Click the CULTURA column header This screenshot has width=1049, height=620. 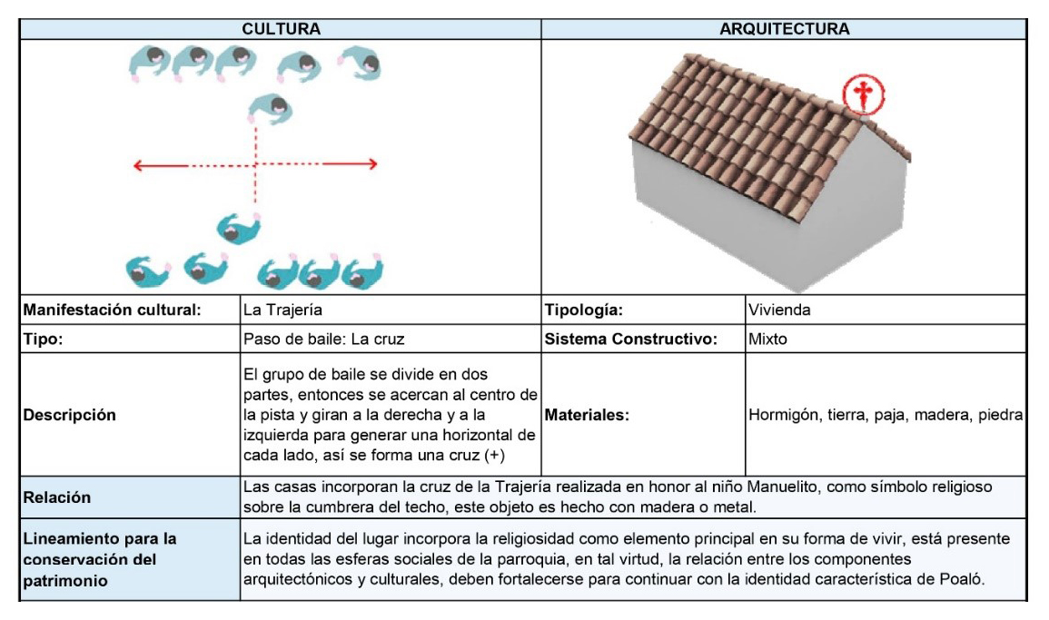click(281, 29)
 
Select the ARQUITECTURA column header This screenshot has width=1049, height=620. click(784, 29)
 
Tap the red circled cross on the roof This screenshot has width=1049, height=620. click(862, 94)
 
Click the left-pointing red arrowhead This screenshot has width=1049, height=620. click(139, 165)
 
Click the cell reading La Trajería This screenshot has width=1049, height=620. click(282, 310)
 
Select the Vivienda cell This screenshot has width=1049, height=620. click(779, 310)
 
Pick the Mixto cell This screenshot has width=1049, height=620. click(767, 340)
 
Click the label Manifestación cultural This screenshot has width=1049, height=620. click(111, 310)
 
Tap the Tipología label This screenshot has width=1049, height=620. click(584, 310)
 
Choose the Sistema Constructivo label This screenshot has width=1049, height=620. click(631, 340)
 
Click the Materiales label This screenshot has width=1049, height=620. click(587, 415)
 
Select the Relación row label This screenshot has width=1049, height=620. click(57, 497)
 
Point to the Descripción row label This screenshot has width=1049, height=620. click(70, 415)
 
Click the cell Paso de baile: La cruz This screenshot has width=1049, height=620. click(323, 340)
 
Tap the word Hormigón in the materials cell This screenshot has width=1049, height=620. click(781, 415)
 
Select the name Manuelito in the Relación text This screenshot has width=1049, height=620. click(786, 487)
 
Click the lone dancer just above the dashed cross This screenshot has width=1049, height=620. click(271, 113)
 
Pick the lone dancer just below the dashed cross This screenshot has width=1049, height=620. click(238, 227)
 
